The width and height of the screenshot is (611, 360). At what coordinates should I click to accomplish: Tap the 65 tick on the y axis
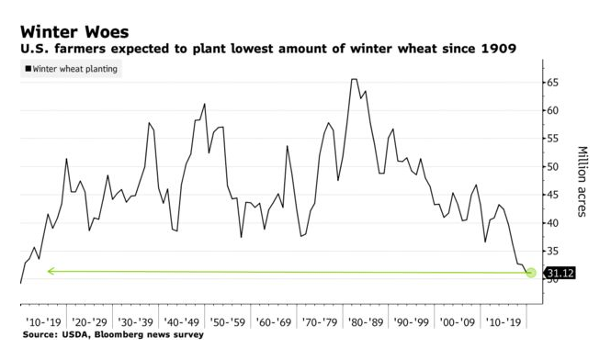click(553, 83)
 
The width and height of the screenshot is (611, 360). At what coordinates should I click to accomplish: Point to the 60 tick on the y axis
click(553, 110)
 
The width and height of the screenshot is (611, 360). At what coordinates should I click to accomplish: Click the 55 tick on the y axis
click(553, 139)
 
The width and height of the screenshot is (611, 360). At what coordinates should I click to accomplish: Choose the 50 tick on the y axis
click(553, 167)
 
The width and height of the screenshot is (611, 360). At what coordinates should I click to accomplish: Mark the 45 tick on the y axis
click(553, 195)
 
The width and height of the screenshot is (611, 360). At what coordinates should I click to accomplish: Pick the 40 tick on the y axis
click(553, 223)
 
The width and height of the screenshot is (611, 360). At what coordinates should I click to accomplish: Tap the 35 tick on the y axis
click(553, 251)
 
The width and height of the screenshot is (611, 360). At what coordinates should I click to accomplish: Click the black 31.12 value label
click(560, 273)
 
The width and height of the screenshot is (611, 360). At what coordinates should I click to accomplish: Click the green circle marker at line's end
click(530, 272)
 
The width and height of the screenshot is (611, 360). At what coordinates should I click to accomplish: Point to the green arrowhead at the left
click(50, 271)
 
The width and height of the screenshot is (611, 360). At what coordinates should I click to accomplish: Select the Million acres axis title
click(582, 181)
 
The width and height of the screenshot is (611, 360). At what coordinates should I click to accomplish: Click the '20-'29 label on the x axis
click(88, 323)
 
